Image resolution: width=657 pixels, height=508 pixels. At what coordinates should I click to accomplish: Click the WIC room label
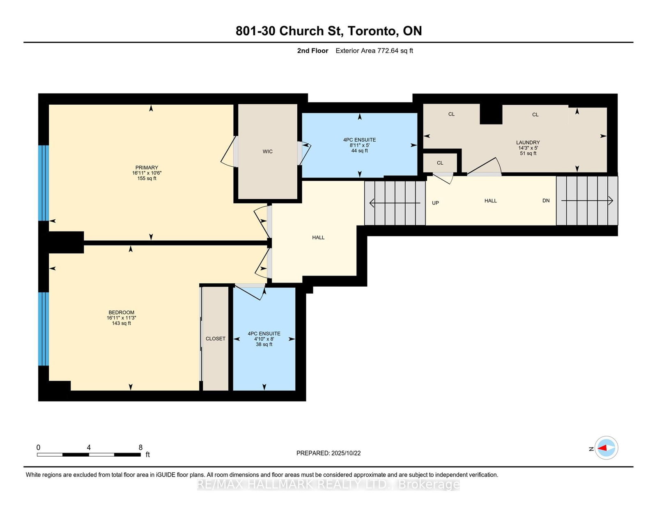click(267, 152)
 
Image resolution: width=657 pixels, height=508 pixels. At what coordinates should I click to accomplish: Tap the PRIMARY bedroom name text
click(147, 168)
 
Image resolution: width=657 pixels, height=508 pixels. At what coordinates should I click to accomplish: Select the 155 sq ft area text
click(147, 179)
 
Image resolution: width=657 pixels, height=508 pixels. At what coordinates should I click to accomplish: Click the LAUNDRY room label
click(528, 143)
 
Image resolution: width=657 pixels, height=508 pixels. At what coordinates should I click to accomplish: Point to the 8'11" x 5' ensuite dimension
click(359, 145)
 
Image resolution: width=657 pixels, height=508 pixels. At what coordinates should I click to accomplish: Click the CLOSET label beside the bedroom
click(215, 339)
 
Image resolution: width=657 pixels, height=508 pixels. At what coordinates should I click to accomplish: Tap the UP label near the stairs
click(435, 203)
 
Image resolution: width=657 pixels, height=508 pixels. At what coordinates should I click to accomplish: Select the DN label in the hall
click(546, 201)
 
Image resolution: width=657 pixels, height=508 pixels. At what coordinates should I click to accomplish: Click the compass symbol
click(606, 448)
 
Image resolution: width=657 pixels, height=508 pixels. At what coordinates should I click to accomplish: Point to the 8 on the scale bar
click(140, 448)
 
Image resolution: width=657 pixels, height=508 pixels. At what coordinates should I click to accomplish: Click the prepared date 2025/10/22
click(346, 453)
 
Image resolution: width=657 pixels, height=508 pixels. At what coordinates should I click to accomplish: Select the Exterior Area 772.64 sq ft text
click(374, 51)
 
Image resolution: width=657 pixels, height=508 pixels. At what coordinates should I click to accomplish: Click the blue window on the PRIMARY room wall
click(44, 183)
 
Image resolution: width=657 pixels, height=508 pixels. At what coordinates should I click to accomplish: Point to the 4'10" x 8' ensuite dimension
click(264, 339)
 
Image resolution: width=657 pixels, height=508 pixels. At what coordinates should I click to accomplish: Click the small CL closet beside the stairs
click(440, 163)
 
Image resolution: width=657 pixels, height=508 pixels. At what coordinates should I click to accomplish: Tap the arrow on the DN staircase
click(587, 201)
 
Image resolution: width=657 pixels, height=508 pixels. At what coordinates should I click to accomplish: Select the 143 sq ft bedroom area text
click(121, 324)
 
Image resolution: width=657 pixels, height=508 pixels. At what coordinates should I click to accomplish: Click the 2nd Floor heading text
click(312, 51)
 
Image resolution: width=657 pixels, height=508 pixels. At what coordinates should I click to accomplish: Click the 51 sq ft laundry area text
click(528, 154)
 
